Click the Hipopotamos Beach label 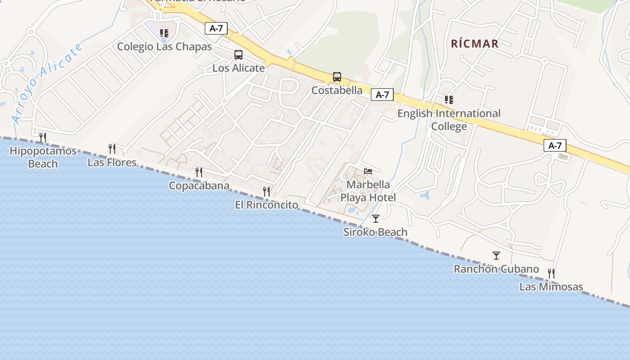pyautogui.click(x=43, y=157)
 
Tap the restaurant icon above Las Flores pyautogui.click(x=112, y=148)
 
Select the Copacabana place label pyautogui.click(x=199, y=185)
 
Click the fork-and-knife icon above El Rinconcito pyautogui.click(x=266, y=192)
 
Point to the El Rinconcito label pyautogui.click(x=266, y=205)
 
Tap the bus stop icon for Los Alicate pyautogui.click(x=238, y=55)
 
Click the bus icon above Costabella pyautogui.click(x=337, y=77)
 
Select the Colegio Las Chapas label pyautogui.click(x=164, y=46)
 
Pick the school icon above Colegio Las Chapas pyautogui.click(x=164, y=33)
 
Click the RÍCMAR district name pyautogui.click(x=475, y=44)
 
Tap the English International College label pyautogui.click(x=449, y=120)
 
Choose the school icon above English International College pyautogui.click(x=449, y=99)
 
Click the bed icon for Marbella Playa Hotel pyautogui.click(x=368, y=171)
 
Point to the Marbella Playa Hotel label pyautogui.click(x=368, y=191)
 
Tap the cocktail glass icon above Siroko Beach pyautogui.click(x=376, y=219)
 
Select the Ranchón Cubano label pyautogui.click(x=496, y=269)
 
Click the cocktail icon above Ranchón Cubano pyautogui.click(x=496, y=256)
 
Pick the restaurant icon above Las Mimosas pyautogui.click(x=551, y=273)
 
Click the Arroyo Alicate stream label pyautogui.click(x=47, y=83)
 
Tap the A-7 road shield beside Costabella pyautogui.click(x=382, y=94)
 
